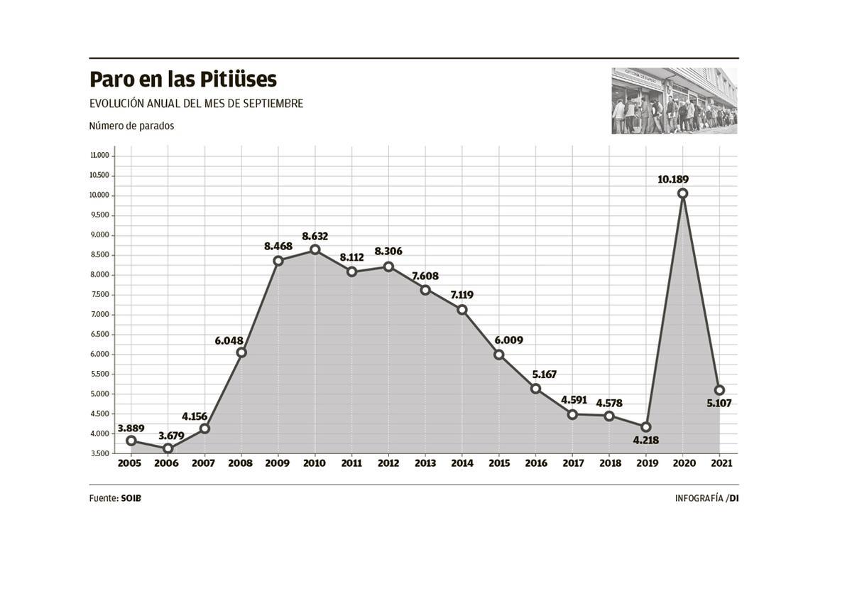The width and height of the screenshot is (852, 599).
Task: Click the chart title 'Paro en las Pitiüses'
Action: coord(182,79)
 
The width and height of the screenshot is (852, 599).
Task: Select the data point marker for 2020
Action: coord(682,193)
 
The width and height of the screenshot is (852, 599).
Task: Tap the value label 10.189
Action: coord(672,179)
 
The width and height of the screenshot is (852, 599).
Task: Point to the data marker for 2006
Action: coord(168,448)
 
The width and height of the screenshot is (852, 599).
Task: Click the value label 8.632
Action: coord(315,236)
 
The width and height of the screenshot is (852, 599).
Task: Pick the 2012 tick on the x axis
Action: coord(388,463)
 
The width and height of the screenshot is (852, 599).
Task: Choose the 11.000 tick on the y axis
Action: coord(99,156)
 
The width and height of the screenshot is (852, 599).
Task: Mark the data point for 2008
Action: coord(241,352)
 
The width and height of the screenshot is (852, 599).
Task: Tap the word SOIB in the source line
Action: coord(131,498)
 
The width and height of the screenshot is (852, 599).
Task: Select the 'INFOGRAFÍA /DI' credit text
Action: coord(706,498)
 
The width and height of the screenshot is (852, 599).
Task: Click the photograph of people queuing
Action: coord(674,101)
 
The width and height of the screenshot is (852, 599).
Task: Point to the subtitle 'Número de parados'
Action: coord(131,126)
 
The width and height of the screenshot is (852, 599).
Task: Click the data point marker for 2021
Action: coord(719,390)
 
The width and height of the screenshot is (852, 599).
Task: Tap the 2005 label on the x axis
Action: coord(130,463)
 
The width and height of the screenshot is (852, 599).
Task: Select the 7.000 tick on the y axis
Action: coord(99,315)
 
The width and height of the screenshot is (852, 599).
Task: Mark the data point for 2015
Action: coord(498,355)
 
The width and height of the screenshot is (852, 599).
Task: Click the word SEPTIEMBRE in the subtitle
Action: coord(273,104)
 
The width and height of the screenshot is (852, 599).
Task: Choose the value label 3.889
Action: coord(131,428)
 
